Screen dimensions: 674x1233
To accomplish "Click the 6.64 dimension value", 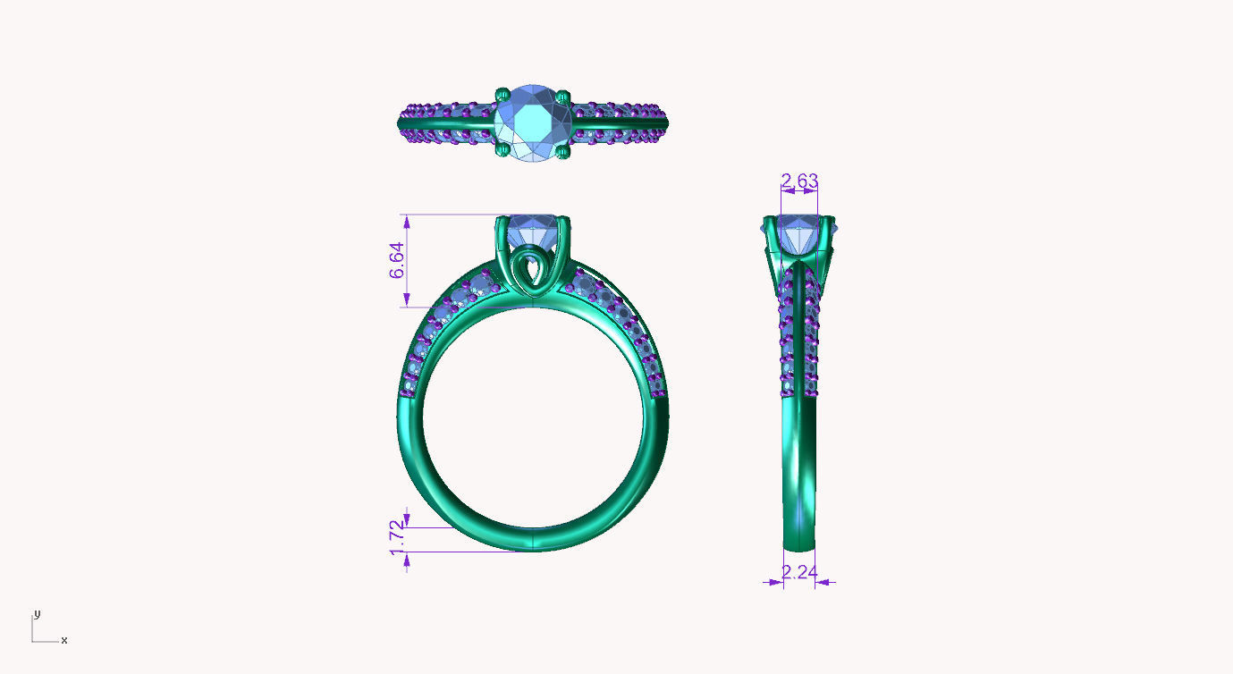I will pos(398,260).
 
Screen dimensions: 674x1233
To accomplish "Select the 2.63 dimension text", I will pos(798,181).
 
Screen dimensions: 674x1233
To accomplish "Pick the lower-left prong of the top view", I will pos(502,153).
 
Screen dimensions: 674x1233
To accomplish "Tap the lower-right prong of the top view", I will pos(562,153).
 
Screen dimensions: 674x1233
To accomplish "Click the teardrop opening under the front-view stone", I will pos(533,271).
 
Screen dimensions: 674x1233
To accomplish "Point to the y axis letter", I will pos(37,614).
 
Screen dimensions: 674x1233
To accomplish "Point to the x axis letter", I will pos(64,640).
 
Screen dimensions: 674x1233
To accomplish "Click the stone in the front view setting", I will pos(533,230).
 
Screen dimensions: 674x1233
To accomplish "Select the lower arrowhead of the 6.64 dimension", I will pos(407,301).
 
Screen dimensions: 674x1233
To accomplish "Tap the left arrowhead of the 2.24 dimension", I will pos(775,582).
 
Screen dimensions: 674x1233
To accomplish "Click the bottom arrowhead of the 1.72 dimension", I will pos(407,559).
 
